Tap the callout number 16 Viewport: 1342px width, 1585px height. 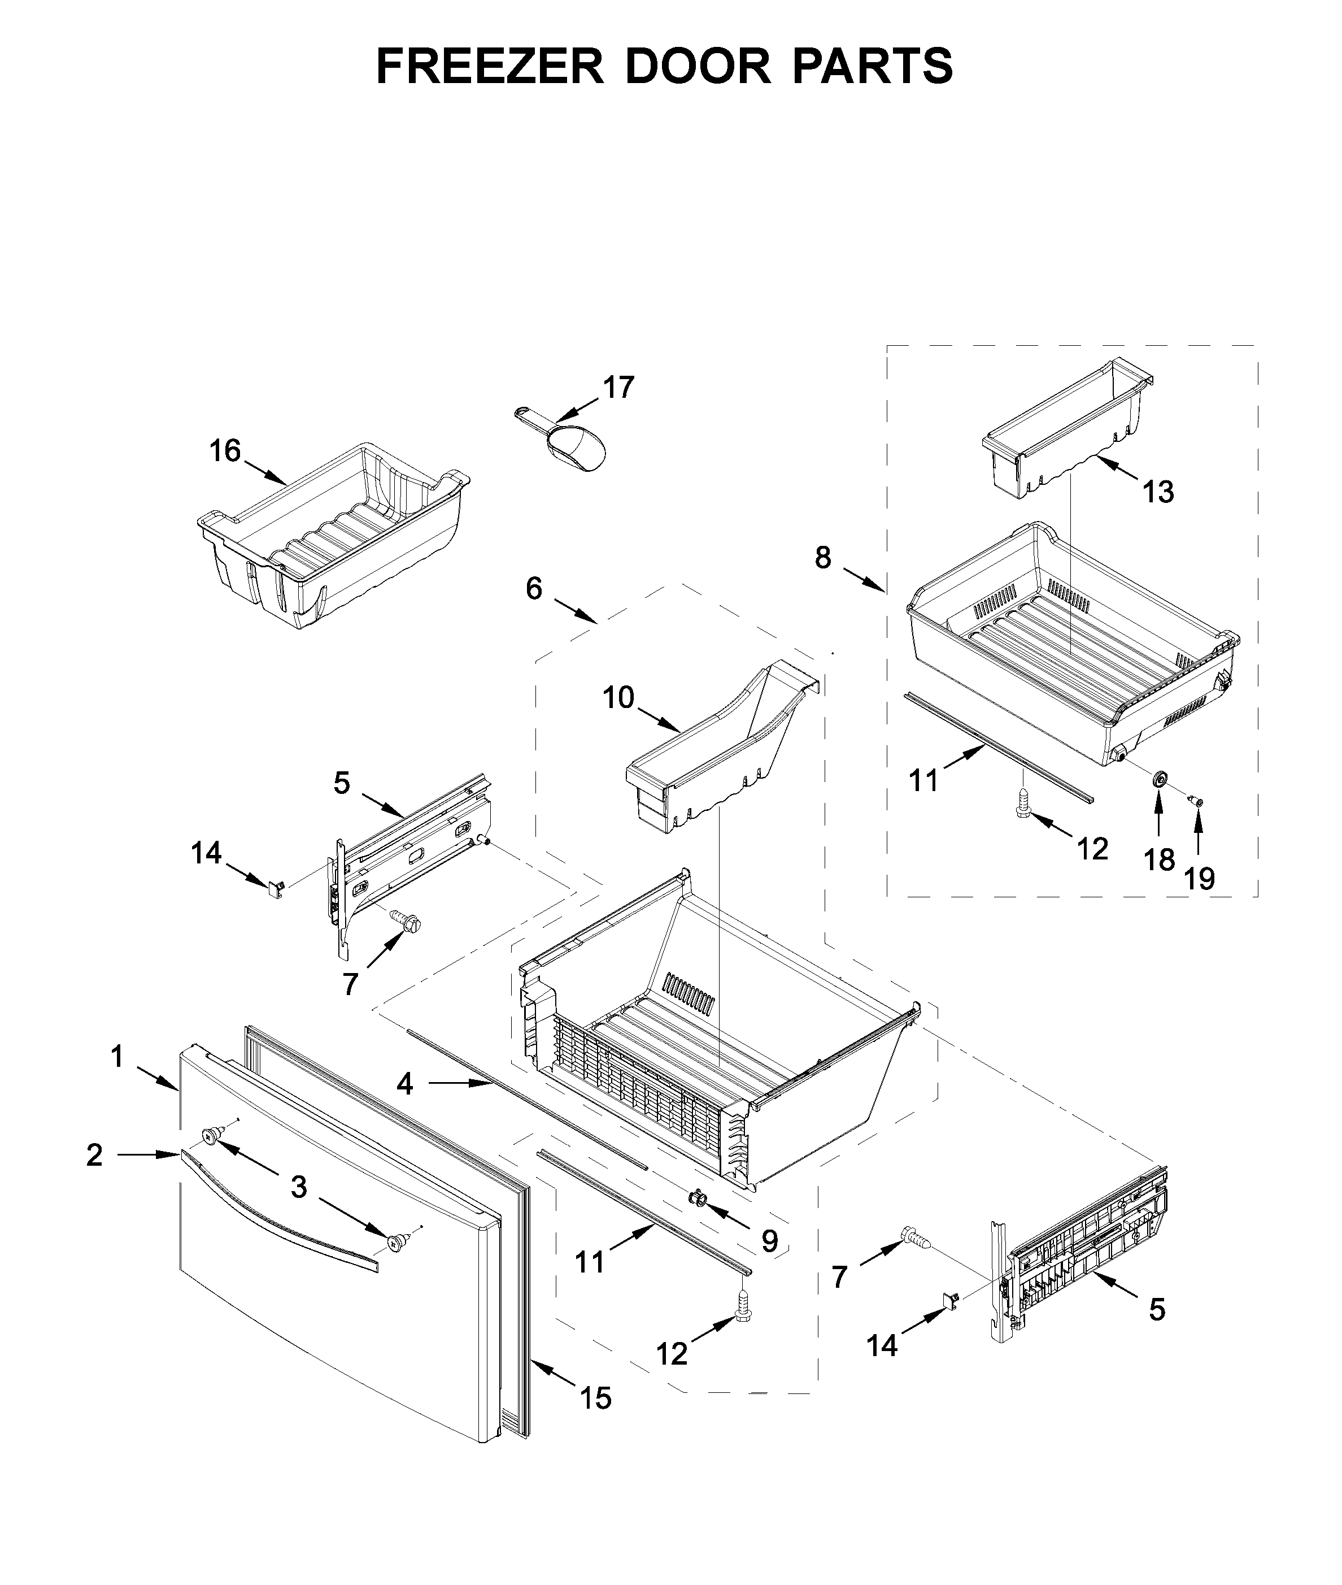tap(225, 451)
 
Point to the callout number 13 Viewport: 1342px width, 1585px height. tap(1158, 492)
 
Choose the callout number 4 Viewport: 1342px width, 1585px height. tap(405, 1084)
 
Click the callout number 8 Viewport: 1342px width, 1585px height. tap(822, 558)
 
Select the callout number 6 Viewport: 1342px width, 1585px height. tap(534, 588)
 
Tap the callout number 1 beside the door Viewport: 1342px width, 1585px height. tap(117, 1056)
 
